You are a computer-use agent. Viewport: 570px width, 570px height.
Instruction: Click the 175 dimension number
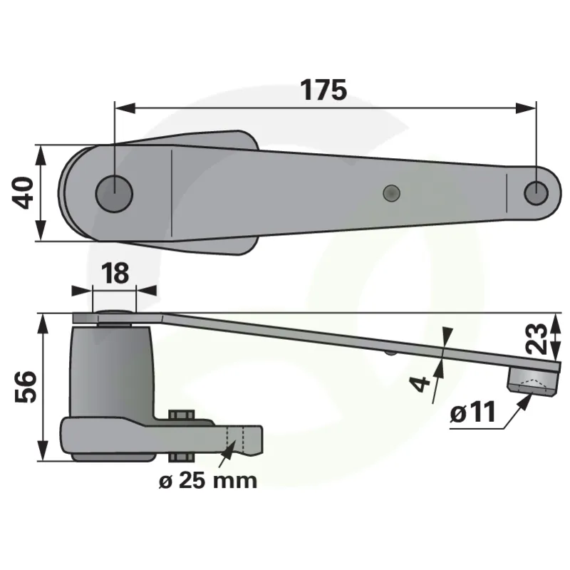(323, 90)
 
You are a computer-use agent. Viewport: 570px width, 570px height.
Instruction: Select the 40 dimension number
(23, 192)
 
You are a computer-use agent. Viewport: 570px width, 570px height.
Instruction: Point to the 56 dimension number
(26, 387)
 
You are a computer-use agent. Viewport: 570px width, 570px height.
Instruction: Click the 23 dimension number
(537, 338)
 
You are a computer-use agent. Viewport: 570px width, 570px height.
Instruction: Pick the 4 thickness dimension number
(420, 384)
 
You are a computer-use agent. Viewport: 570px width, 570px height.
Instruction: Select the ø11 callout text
(473, 413)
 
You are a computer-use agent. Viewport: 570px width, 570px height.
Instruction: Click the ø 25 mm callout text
(208, 480)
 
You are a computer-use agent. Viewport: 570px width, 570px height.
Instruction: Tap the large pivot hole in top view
(114, 193)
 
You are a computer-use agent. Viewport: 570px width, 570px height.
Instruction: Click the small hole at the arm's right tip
(537, 192)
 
